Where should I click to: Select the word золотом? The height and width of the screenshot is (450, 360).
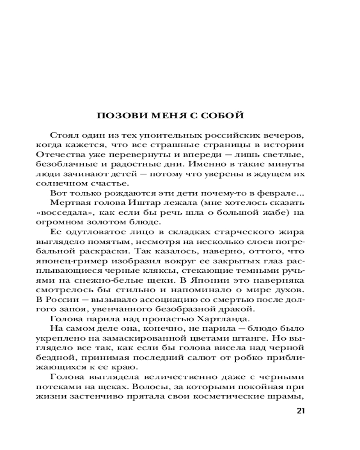pyautogui.click(x=108, y=222)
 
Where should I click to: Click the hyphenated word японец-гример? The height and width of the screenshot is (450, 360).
pyautogui.click(x=66, y=261)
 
